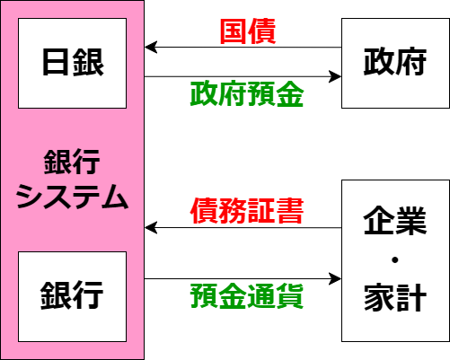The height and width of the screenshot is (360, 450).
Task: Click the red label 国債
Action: point(248,31)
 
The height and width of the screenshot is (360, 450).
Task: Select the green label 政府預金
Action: point(247,94)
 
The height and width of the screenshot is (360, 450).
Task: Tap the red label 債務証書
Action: point(247,211)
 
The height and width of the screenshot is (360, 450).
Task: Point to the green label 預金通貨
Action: point(247,296)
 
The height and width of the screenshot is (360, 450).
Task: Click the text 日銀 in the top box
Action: point(73,62)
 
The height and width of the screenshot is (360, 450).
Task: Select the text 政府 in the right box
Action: point(395,61)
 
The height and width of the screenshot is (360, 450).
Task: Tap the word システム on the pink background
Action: point(72,197)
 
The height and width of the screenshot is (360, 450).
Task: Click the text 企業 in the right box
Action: point(395,220)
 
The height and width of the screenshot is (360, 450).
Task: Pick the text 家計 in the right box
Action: point(395,297)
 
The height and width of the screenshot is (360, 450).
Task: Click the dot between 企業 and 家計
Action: point(395,260)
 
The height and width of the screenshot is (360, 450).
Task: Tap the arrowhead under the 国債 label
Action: point(151,48)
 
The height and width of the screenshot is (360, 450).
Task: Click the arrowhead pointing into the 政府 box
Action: point(335,76)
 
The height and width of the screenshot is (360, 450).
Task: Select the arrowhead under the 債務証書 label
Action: point(151,228)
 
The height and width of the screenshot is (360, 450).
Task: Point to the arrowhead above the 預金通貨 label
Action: point(335,279)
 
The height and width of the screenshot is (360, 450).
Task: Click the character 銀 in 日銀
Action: point(89,62)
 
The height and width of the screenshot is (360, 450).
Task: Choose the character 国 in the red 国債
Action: point(234,31)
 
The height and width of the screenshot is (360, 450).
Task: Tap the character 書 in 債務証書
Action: point(290,211)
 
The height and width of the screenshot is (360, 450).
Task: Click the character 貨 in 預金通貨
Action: point(290,296)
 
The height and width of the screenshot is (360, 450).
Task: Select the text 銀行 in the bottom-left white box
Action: point(72,295)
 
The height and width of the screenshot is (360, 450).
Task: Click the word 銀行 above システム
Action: point(72,162)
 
